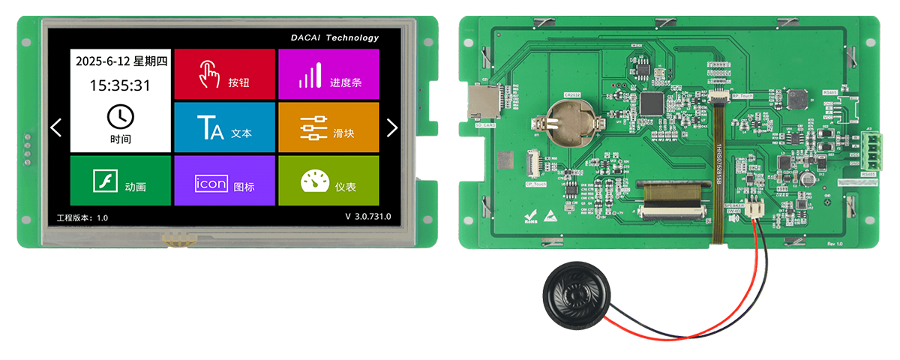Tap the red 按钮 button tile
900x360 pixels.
coord(224,74)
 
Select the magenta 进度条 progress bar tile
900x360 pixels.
coord(328,74)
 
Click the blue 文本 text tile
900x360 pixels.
coord(224,127)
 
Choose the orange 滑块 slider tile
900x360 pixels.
coord(328,127)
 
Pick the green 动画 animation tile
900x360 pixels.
coord(120,181)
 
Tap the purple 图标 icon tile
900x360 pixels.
coord(224,181)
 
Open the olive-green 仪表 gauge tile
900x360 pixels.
coord(328,181)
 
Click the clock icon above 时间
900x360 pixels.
coord(120,117)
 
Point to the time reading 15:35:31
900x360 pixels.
coord(120,85)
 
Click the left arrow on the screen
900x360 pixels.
coord(56,127)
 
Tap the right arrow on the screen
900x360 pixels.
coord(391,127)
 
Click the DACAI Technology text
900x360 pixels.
coord(334,37)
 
